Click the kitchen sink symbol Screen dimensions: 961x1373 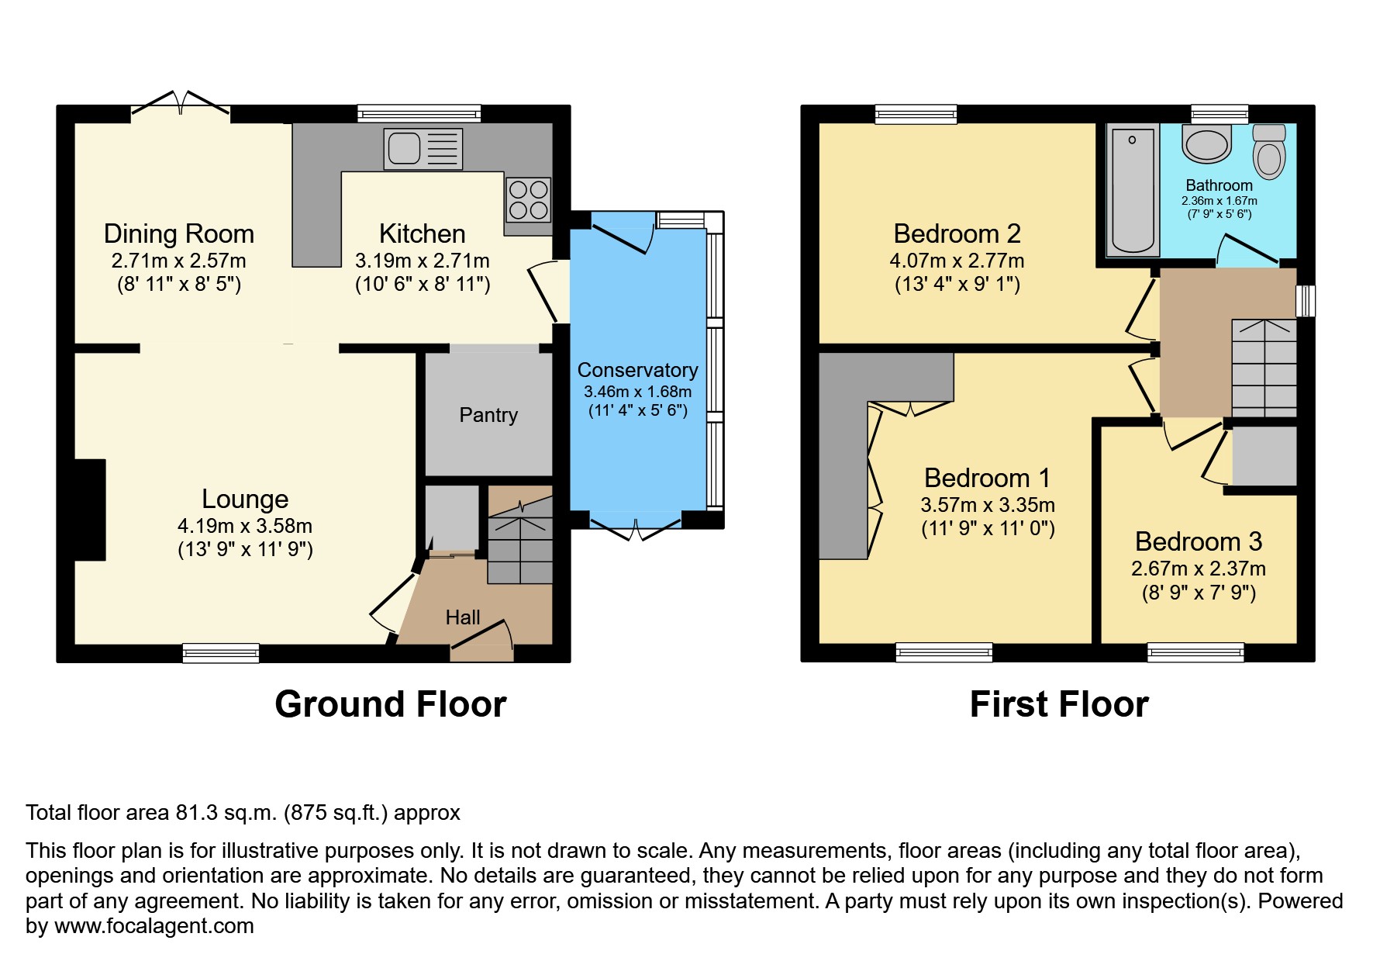[x=423, y=148]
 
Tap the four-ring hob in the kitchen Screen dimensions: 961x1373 [x=528, y=199]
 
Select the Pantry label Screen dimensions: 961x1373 [x=488, y=415]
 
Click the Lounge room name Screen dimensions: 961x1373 [x=245, y=499]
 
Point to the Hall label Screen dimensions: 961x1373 [x=463, y=617]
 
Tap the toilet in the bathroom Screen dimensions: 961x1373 [x=1268, y=151]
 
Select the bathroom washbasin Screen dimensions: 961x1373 [x=1207, y=144]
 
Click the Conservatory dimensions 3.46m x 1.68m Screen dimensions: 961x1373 [x=638, y=392]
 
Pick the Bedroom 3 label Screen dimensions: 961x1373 [x=1199, y=541]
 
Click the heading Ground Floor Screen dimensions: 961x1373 [x=390, y=704]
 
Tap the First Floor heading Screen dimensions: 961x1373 [x=1059, y=704]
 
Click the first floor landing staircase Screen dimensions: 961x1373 [x=1264, y=368]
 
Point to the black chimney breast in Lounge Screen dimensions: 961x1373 [x=90, y=510]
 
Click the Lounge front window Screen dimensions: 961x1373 [x=221, y=653]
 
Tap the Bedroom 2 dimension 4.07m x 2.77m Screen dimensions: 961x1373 [x=957, y=261]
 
